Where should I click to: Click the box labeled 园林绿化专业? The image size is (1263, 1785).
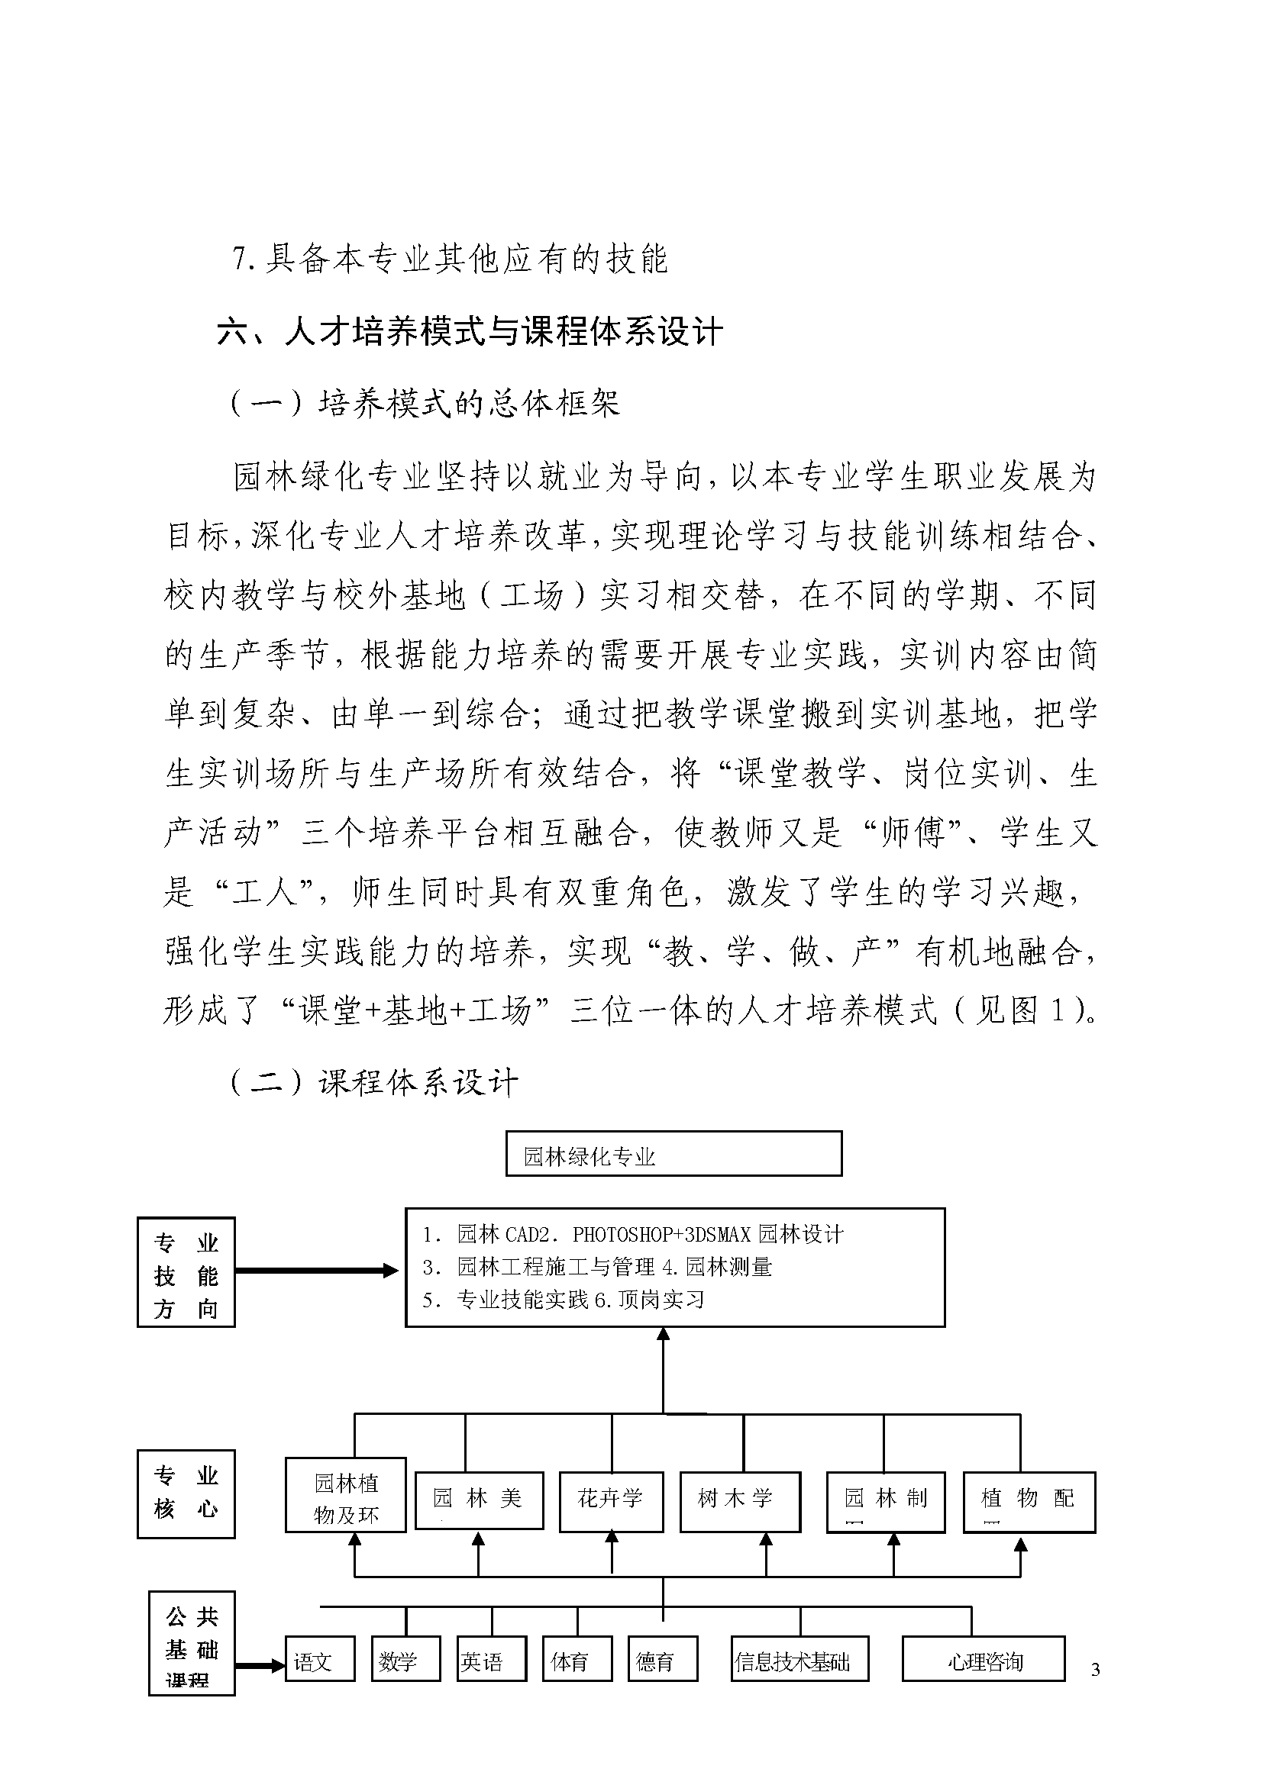[673, 1154]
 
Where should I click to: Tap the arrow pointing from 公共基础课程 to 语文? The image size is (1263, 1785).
[260, 1666]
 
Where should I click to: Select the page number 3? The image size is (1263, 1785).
[1095, 1670]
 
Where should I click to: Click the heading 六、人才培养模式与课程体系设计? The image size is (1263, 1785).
[470, 332]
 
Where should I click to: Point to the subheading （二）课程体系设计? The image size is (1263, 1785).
[374, 1082]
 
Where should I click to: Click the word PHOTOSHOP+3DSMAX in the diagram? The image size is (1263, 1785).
[662, 1235]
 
